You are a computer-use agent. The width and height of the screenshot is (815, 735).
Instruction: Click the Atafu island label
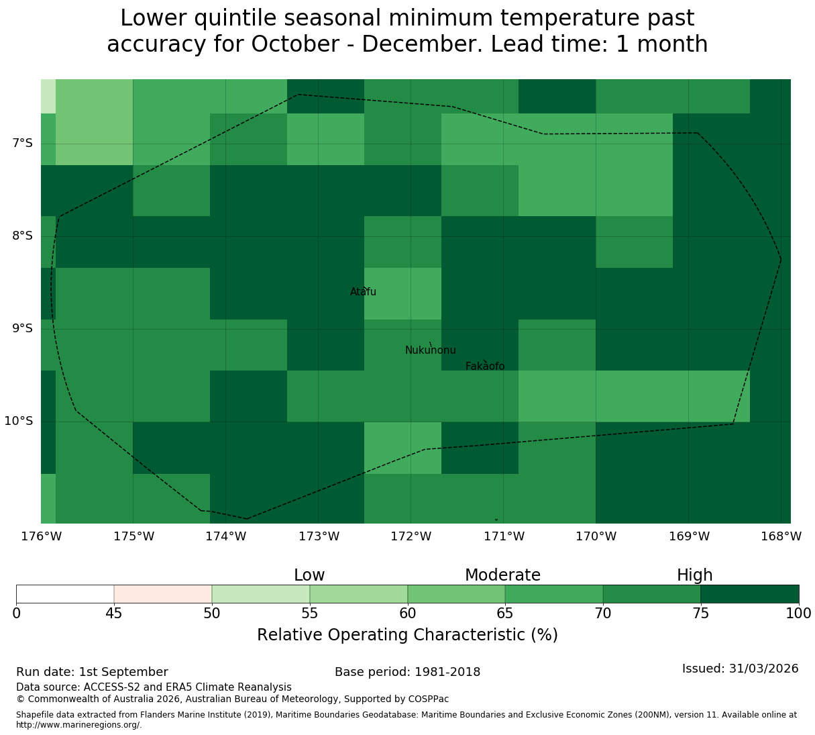point(363,291)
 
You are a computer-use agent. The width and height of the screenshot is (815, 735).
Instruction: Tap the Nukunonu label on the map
point(430,350)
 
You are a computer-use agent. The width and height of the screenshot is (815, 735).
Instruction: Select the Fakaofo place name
point(485,366)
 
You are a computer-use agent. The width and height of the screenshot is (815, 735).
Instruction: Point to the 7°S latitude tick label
point(22,143)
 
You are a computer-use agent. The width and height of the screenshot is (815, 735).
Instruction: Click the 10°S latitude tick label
point(19,421)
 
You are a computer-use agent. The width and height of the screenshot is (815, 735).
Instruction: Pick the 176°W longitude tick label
point(42,536)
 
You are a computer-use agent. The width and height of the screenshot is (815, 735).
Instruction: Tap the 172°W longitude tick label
point(411,536)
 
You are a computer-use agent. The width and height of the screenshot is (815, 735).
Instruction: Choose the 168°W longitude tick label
point(781,536)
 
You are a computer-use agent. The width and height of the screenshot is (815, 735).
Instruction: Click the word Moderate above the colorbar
point(502,575)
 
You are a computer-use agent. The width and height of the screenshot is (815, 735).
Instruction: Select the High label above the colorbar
point(695,575)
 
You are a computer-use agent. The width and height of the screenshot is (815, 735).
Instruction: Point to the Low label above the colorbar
point(309,575)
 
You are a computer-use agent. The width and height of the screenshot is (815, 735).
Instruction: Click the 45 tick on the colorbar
point(114,613)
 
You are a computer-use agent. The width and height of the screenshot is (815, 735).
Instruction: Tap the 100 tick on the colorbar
point(798,613)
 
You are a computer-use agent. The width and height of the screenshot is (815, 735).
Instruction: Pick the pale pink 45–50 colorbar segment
point(163,594)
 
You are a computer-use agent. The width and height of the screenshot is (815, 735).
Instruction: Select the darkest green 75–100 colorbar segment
point(749,594)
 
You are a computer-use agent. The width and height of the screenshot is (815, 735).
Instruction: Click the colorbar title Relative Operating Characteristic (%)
point(408,634)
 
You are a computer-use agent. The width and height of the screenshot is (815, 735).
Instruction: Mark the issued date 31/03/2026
point(764,669)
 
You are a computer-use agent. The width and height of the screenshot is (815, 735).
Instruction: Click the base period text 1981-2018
point(447,672)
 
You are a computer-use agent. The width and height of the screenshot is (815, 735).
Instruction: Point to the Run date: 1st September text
point(92,672)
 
